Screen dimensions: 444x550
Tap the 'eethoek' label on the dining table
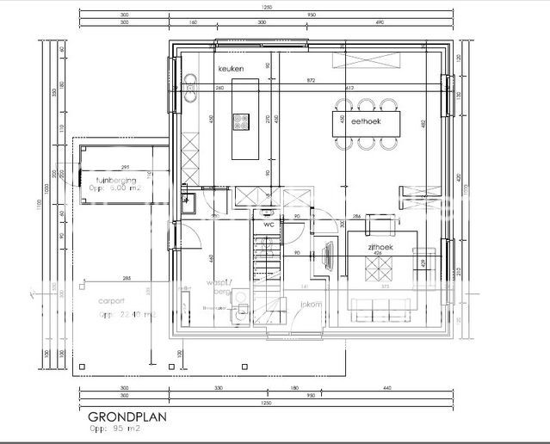point(366,122)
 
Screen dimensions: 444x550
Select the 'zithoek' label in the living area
point(380,246)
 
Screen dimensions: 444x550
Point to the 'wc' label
point(268,224)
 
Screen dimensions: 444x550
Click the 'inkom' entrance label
point(311,304)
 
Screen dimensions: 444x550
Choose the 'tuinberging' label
point(115,180)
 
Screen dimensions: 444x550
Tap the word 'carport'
point(111,300)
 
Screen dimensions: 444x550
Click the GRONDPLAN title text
point(127,416)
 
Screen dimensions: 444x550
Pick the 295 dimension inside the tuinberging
point(124,167)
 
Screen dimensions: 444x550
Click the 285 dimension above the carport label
point(127,279)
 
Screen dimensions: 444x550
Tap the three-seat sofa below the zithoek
point(378,305)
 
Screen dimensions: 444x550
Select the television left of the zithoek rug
point(329,256)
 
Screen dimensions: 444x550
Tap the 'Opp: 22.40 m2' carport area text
point(127,315)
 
